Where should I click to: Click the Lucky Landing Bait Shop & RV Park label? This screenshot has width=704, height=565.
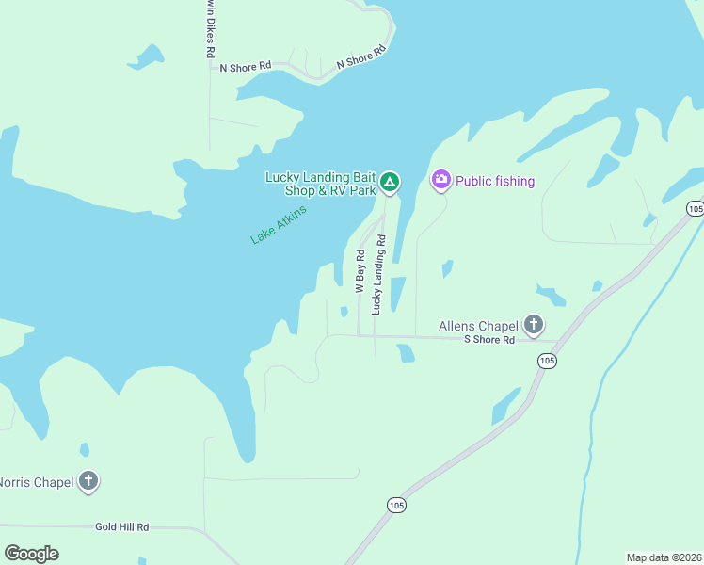tap(320, 183)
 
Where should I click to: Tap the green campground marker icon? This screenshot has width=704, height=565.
tap(390, 182)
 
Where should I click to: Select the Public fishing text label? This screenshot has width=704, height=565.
tap(495, 181)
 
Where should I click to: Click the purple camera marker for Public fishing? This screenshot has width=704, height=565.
tap(440, 179)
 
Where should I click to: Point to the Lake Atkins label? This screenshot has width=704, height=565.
tap(280, 224)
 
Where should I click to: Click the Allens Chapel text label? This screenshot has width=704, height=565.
tap(478, 327)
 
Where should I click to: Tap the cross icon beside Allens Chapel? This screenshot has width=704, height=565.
tap(534, 326)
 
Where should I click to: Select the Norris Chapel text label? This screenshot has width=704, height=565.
tap(36, 482)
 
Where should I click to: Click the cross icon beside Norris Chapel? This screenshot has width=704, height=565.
tap(88, 481)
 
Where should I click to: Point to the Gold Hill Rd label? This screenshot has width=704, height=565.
tap(122, 528)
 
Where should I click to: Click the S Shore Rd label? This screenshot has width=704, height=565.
tap(489, 339)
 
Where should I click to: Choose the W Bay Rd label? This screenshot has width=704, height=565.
tap(360, 271)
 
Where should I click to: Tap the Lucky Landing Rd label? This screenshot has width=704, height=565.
tap(377, 274)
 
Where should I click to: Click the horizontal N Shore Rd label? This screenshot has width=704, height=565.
tap(245, 67)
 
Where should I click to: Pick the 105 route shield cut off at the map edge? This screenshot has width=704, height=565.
tap(695, 208)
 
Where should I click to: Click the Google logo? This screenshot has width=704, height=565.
tap(31, 554)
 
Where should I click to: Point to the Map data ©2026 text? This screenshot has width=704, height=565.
tap(664, 557)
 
